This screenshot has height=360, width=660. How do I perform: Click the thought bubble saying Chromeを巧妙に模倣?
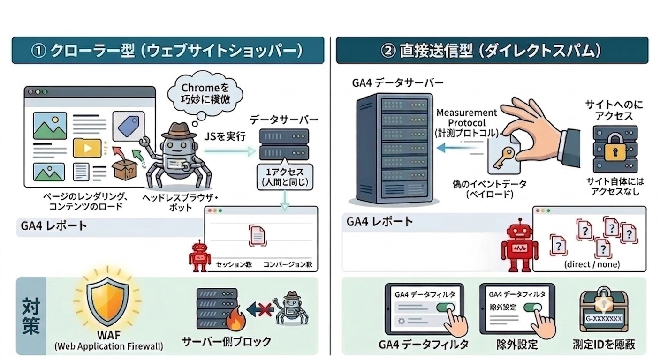click(205, 94)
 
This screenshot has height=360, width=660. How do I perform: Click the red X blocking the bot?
click(265, 310)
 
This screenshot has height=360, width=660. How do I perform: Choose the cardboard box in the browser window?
click(124, 169)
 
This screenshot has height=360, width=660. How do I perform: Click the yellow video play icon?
click(87, 148)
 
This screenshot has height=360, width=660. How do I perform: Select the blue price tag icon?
click(129, 126)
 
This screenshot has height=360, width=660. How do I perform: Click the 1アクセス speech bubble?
click(285, 176)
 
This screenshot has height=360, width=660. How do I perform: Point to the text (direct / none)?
click(592, 264)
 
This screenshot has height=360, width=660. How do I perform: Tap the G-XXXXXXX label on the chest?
click(603, 318)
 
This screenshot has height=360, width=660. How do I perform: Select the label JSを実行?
click(225, 136)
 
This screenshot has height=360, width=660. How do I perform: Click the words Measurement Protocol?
click(467, 118)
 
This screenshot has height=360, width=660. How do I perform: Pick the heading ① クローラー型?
click(83, 51)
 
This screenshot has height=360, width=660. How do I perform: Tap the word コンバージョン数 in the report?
click(288, 264)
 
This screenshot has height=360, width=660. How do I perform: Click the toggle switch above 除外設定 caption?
click(533, 307)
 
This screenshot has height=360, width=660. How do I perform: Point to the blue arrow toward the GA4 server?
click(460, 148)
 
